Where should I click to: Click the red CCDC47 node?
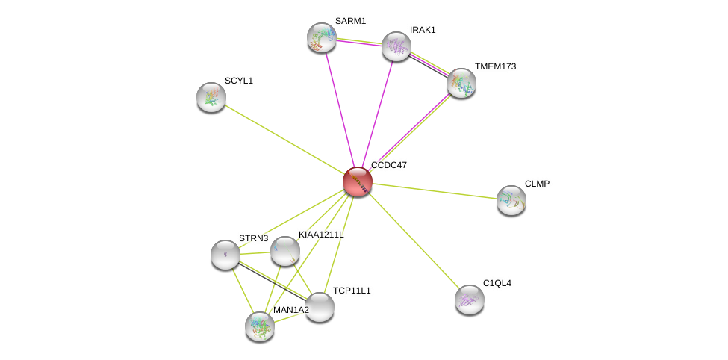tap(358, 181)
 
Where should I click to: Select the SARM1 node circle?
tap(322, 37)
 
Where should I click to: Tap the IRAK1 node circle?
tap(396, 46)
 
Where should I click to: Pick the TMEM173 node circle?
tap(461, 83)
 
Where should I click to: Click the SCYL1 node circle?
tap(211, 97)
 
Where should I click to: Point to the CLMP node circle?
tap(511, 200)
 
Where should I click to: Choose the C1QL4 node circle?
tap(470, 300)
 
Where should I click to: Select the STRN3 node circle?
tap(225, 255)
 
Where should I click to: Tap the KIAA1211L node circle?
tap(284, 251)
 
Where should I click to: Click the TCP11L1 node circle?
tap(320, 307)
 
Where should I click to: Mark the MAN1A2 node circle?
tap(260, 326)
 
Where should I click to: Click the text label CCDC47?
tap(389, 165)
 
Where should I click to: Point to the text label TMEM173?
tap(495, 67)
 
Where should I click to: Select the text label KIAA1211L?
tap(321, 235)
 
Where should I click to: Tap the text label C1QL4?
tap(497, 284)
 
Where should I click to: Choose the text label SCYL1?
tap(239, 81)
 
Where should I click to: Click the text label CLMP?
tap(537, 184)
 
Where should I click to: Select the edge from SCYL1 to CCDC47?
tap(284, 139)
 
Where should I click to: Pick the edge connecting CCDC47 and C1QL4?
tap(414, 240)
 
